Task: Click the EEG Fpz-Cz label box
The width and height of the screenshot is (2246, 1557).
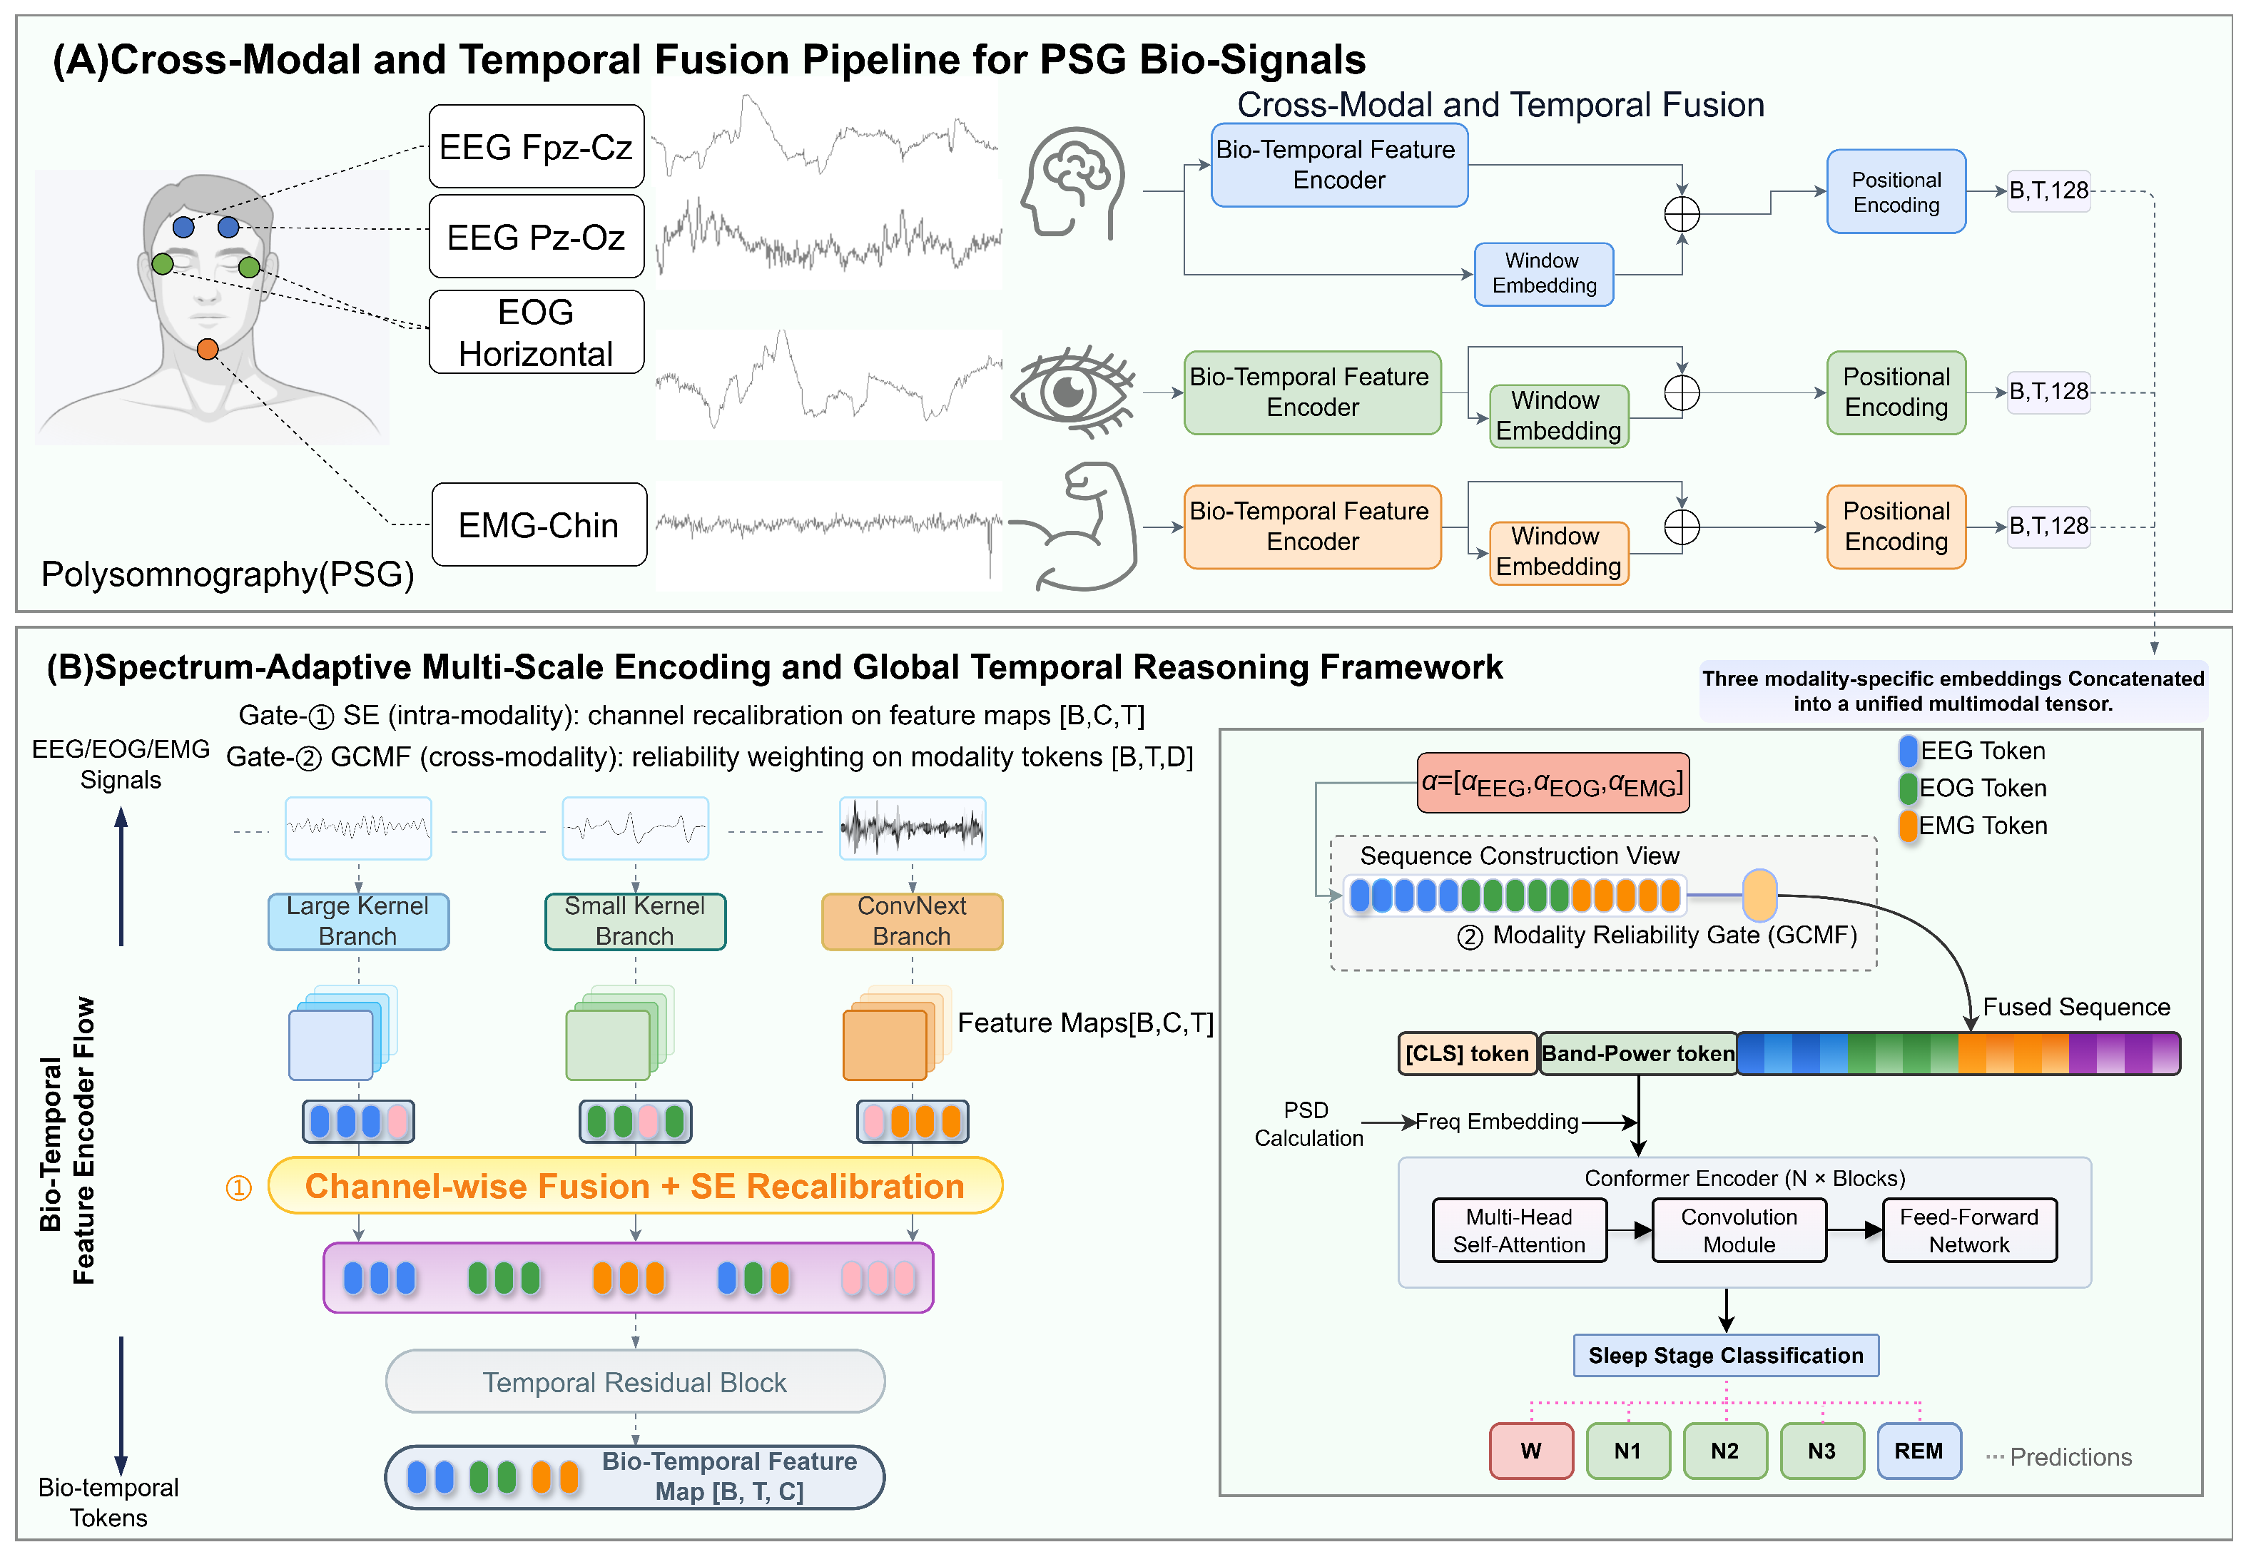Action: [x=537, y=146]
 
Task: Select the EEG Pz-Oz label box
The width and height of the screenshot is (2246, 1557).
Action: [x=537, y=236]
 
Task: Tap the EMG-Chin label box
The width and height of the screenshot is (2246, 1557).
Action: [x=539, y=525]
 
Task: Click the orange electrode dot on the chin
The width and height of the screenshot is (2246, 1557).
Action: [x=207, y=349]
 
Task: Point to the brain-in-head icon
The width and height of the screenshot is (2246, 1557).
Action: [x=1073, y=183]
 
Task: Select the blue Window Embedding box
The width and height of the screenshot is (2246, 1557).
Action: [x=1544, y=274]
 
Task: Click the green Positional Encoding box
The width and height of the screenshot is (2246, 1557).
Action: [x=1896, y=392]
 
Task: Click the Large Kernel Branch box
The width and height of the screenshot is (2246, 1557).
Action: [x=358, y=921]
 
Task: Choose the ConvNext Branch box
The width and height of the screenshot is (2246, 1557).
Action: [x=912, y=921]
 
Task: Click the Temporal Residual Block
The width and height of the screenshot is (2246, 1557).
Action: [x=635, y=1381]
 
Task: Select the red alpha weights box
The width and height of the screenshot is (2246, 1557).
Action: [x=1553, y=782]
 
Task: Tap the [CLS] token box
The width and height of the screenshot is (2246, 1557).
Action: [x=1467, y=1054]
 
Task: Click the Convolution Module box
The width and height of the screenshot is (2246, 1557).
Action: [x=1739, y=1230]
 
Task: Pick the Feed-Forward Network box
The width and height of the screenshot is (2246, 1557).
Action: [x=1969, y=1230]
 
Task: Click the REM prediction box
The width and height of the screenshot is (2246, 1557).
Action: [x=1919, y=1451]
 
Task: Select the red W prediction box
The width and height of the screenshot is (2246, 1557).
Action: [x=1531, y=1451]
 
